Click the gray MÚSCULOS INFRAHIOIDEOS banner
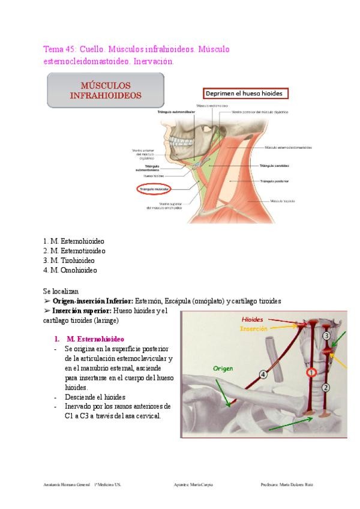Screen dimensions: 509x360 click(105, 90)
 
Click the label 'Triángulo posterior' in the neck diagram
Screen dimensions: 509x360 click(275, 181)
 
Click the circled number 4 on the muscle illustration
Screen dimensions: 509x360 click(263, 375)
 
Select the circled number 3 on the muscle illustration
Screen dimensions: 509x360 click(326, 336)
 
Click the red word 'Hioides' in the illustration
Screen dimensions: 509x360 click(252, 320)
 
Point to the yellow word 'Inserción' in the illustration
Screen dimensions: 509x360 click(253, 329)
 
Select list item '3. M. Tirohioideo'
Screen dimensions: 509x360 click(69, 261)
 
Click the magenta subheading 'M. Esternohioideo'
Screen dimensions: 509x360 click(95, 339)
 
